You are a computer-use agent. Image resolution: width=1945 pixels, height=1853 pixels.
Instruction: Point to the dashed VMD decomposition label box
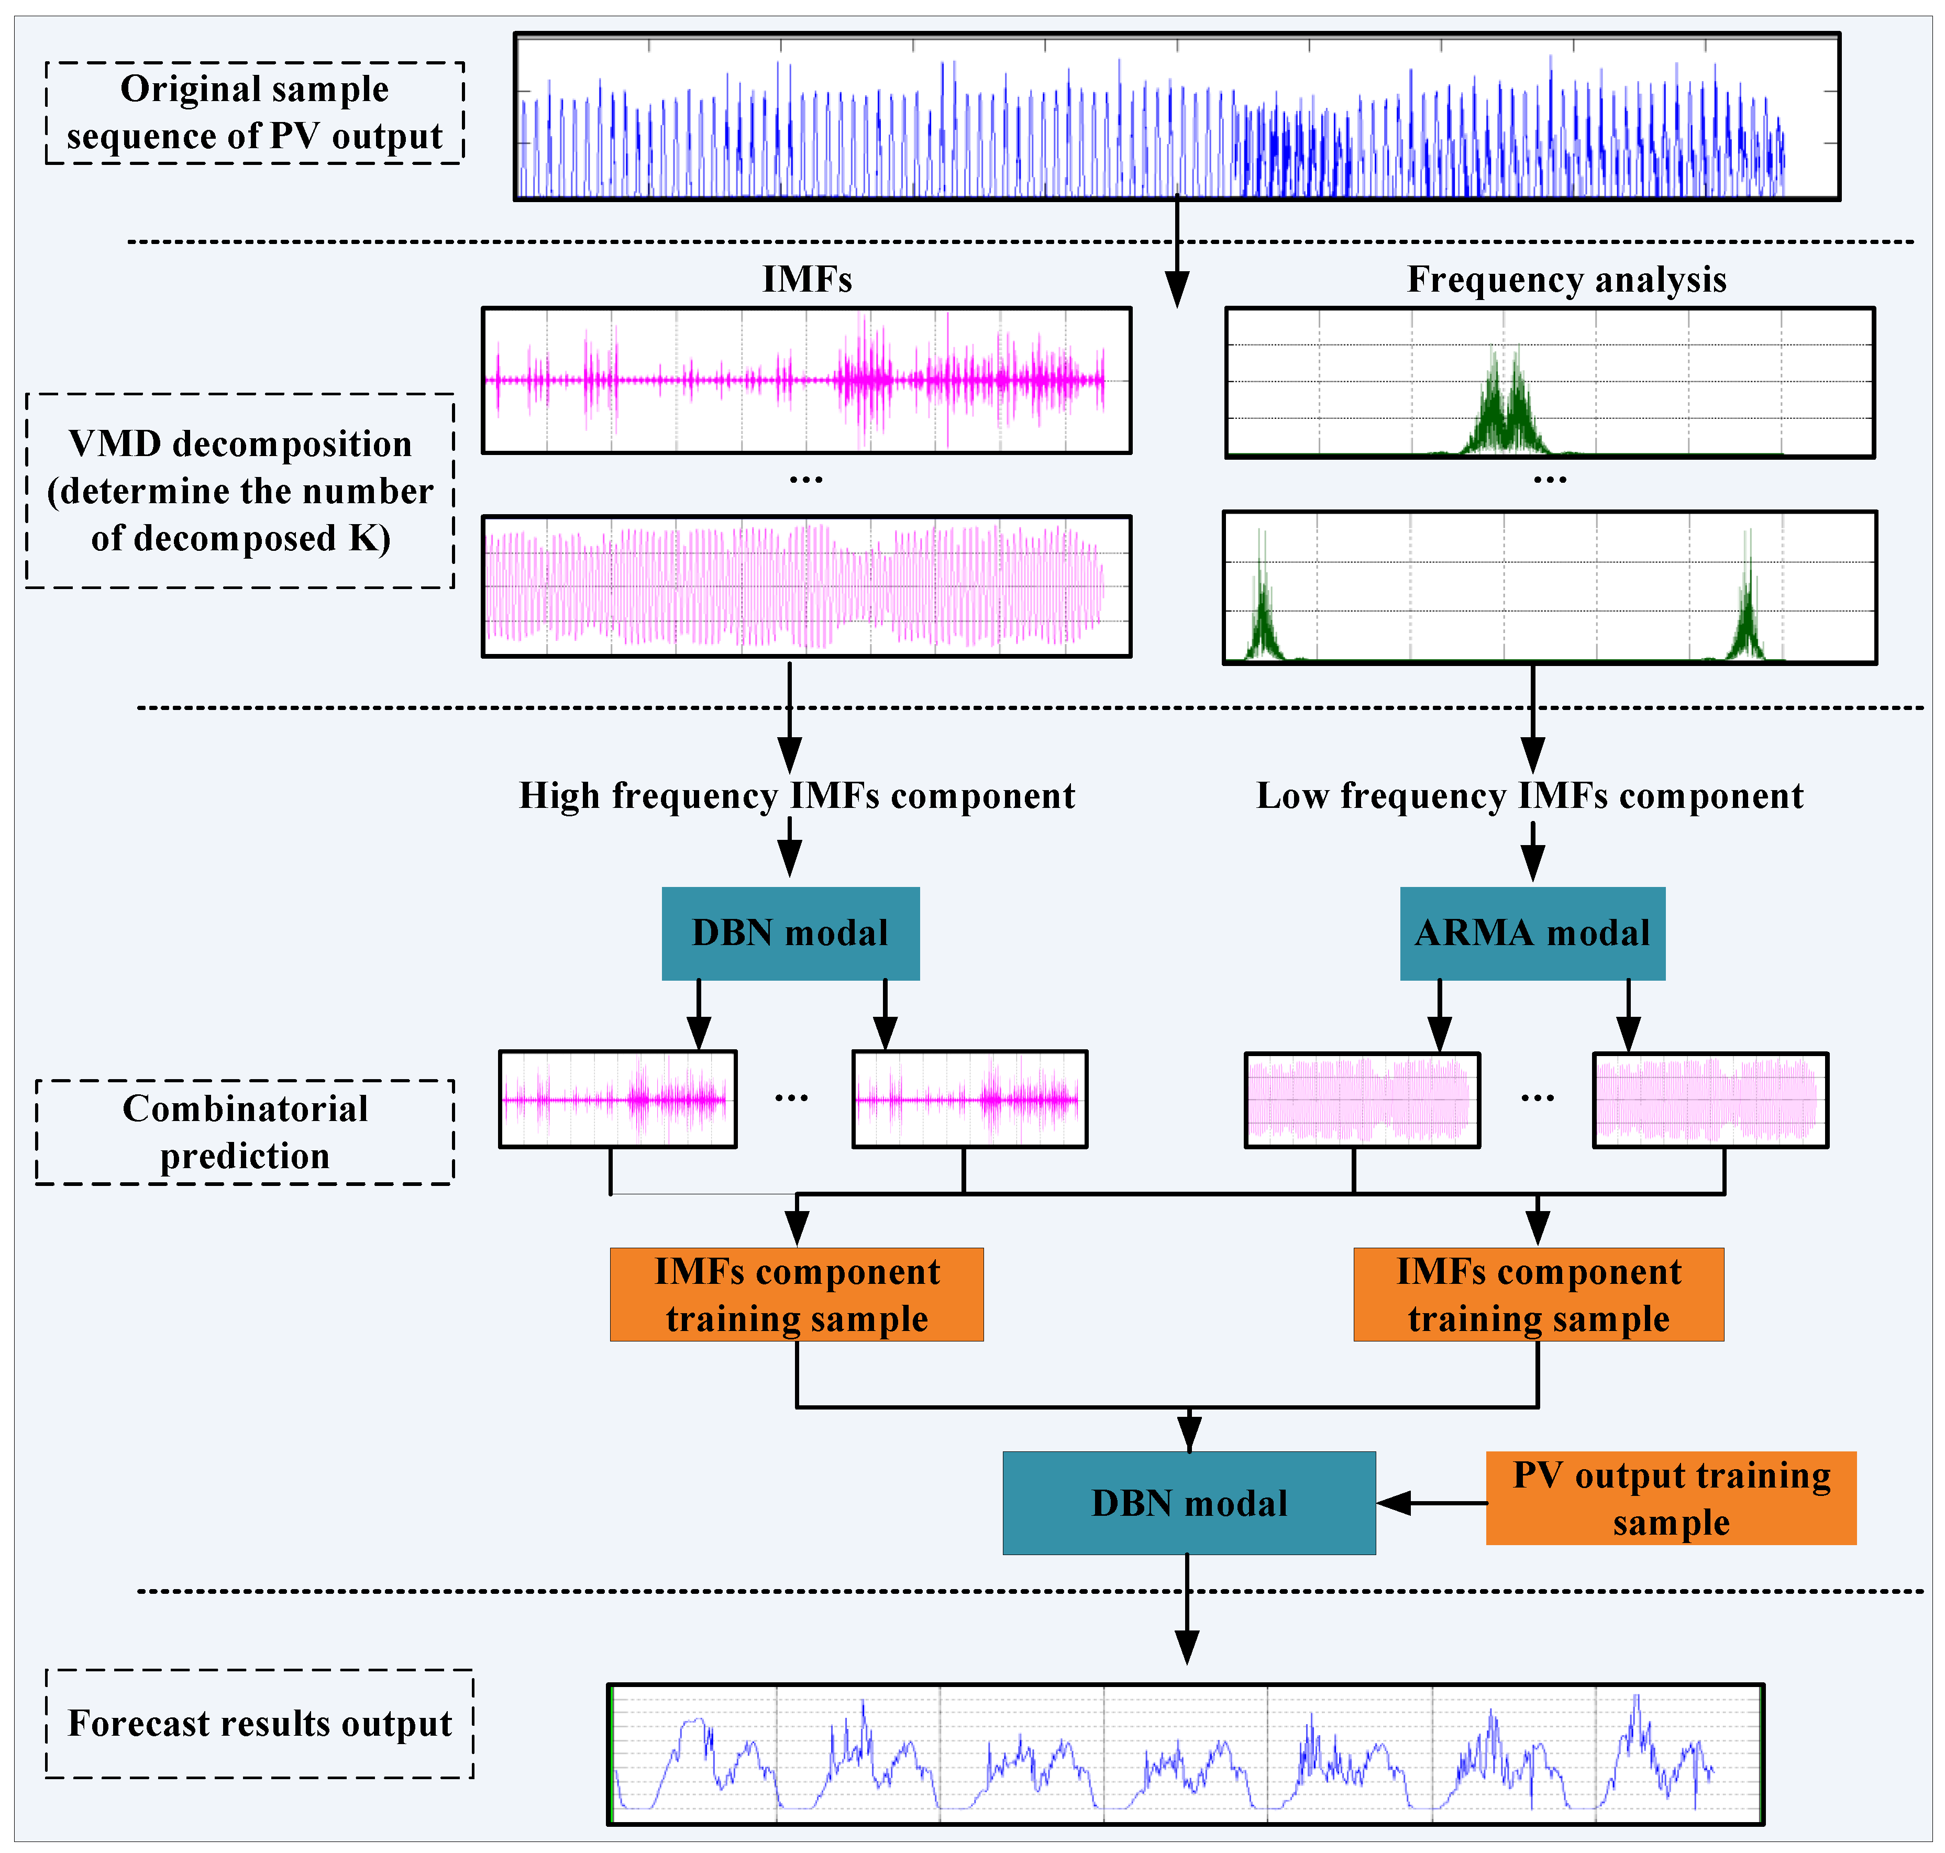coord(240,491)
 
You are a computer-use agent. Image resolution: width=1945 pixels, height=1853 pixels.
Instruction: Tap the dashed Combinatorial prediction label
coord(245,1132)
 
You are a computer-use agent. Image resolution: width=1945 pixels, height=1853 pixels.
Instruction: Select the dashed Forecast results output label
coord(260,1724)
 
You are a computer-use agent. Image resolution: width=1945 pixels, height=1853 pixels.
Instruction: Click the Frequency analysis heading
coord(1567,280)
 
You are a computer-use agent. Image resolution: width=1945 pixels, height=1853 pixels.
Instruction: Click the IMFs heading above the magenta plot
coord(807,280)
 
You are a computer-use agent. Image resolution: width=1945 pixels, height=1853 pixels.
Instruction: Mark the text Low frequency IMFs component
coord(1529,795)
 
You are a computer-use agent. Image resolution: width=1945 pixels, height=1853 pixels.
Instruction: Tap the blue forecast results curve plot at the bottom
coord(1185,1753)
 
